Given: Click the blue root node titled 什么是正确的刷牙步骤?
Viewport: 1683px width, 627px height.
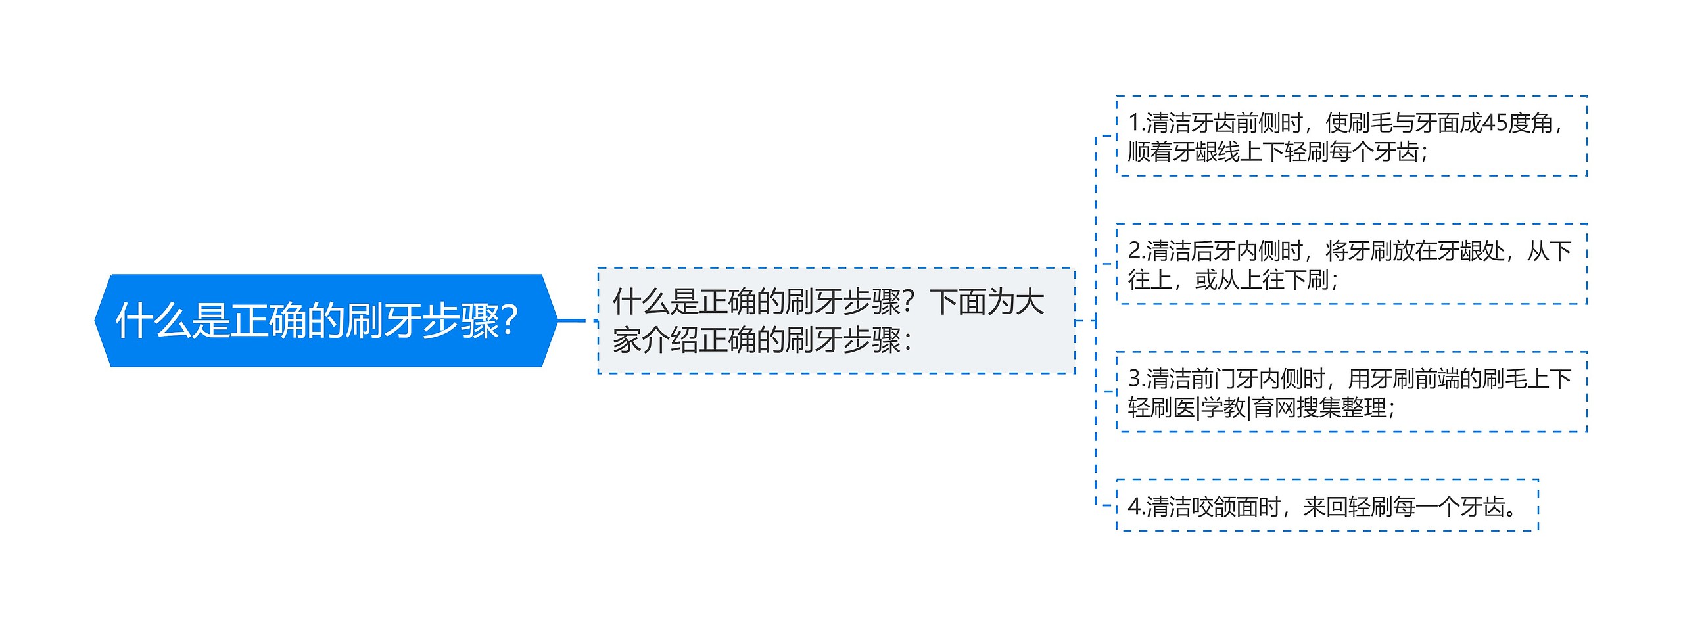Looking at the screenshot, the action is click(x=325, y=321).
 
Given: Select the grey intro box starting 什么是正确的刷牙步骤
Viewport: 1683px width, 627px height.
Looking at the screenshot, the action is click(x=835, y=321).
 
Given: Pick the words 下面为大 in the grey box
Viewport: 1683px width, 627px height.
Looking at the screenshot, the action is click(x=987, y=302).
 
